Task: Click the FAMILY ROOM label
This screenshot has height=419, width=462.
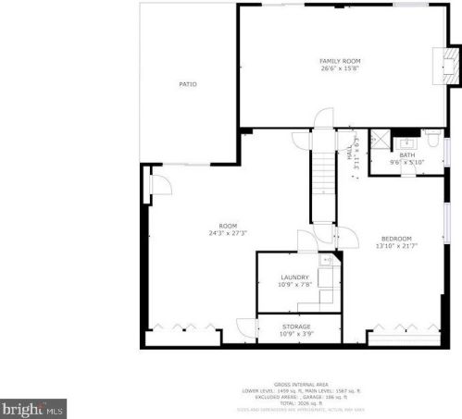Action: (340, 61)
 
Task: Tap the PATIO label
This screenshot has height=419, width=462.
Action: (188, 84)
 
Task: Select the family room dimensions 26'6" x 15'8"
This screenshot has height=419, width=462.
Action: (340, 68)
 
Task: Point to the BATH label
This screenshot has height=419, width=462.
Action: (407, 155)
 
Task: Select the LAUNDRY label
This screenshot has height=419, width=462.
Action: (293, 277)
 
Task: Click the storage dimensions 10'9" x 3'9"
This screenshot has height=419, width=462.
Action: (296, 333)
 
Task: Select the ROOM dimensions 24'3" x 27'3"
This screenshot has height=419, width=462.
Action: (228, 233)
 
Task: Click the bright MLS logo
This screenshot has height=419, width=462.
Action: (33, 407)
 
